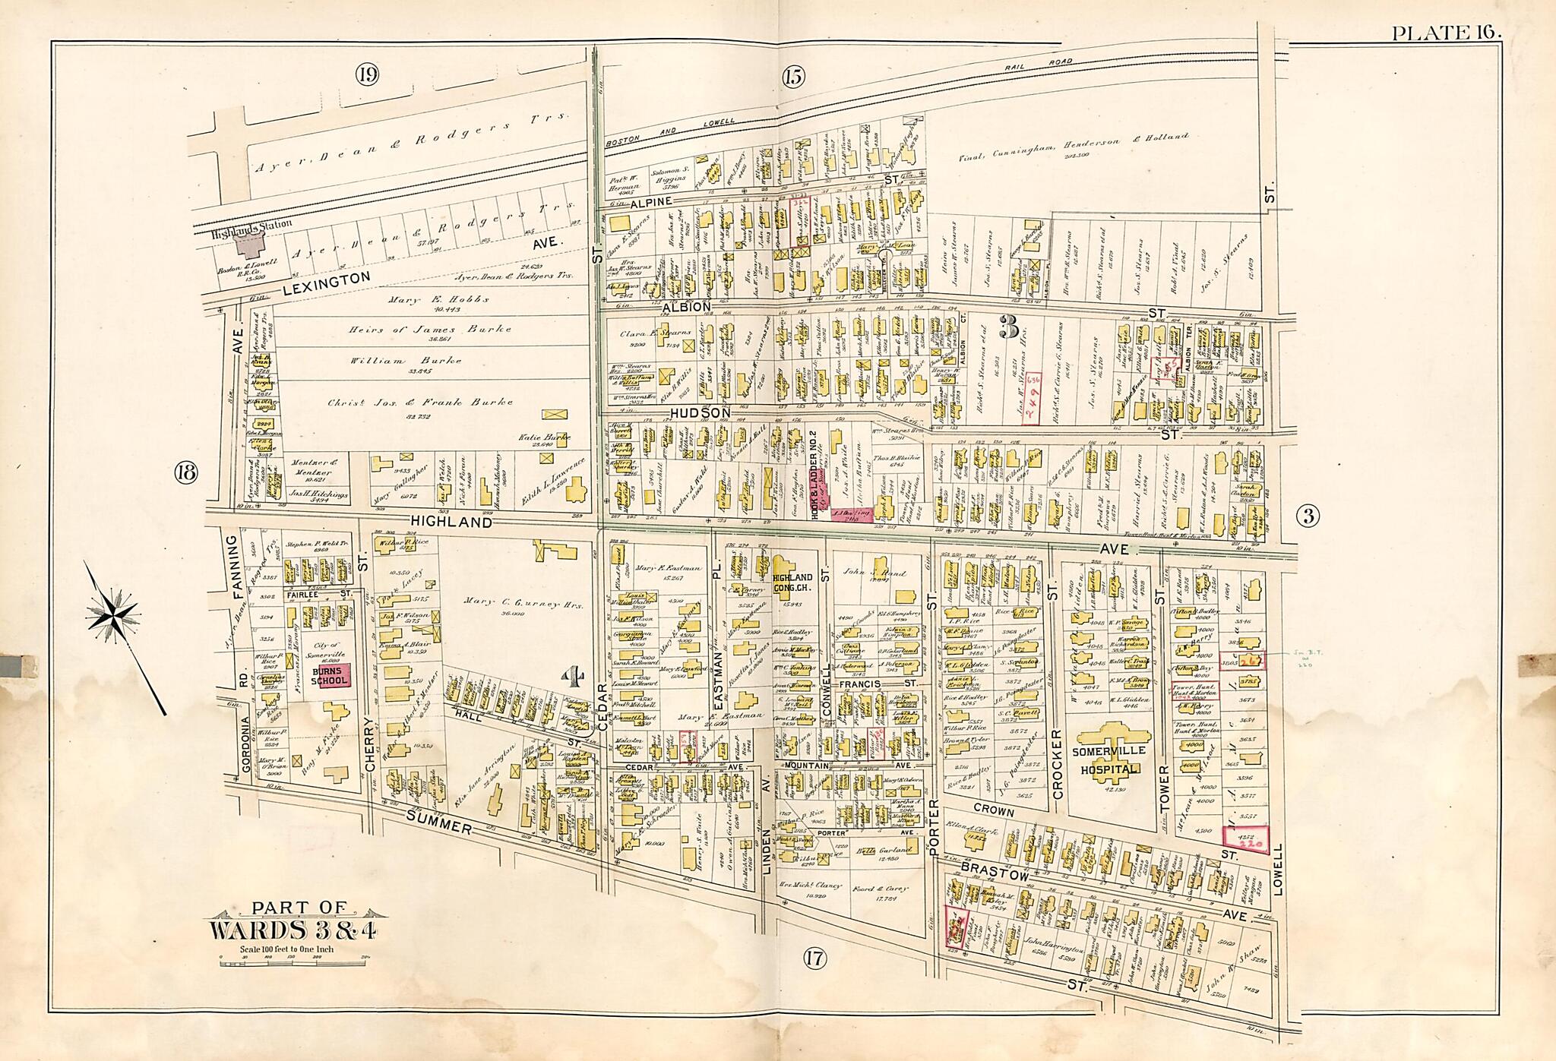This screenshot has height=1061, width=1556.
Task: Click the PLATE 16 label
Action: coord(1446,32)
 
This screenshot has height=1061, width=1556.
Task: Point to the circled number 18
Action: coord(185,472)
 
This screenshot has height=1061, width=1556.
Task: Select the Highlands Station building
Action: coord(247,245)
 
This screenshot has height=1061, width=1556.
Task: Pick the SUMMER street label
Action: coord(438,823)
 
